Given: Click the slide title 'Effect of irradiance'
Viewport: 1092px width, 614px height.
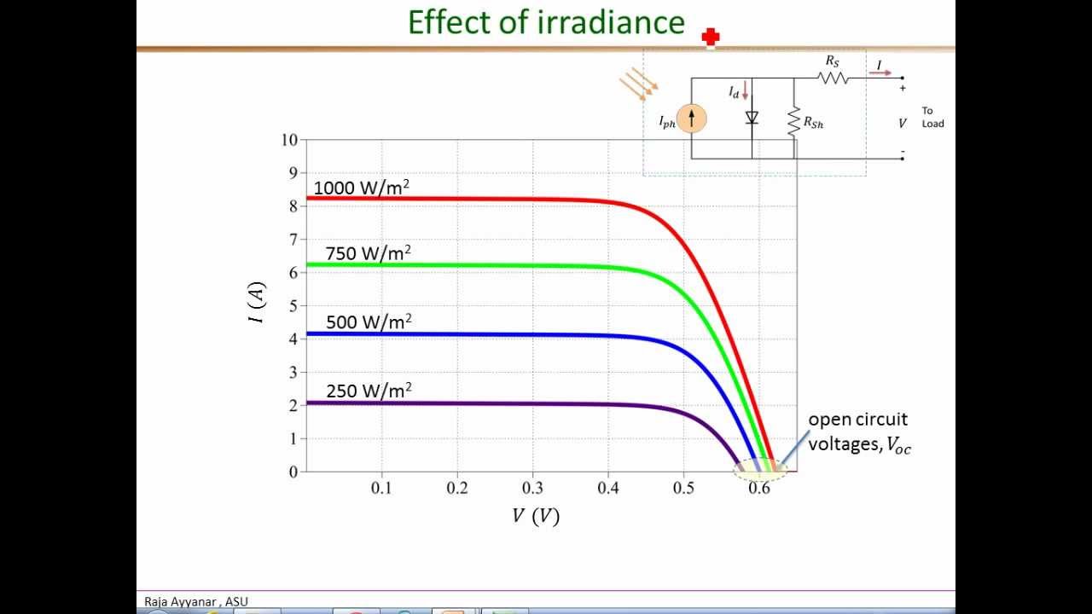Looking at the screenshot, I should click(546, 23).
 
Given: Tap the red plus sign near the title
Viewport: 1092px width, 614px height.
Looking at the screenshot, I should click(710, 37).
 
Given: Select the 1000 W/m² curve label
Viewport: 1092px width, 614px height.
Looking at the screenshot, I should click(362, 188).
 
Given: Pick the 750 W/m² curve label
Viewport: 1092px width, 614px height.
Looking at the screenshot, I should click(368, 253).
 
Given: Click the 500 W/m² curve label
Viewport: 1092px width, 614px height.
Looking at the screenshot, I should click(369, 322).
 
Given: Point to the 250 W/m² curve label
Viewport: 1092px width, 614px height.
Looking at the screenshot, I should click(369, 391).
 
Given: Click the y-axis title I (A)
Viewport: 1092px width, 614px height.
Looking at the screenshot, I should click(257, 303).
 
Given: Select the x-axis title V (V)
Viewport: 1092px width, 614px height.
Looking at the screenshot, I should click(536, 516).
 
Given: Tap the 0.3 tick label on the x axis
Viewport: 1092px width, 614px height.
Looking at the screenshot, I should click(532, 488).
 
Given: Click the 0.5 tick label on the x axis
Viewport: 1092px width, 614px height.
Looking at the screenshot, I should click(682, 488).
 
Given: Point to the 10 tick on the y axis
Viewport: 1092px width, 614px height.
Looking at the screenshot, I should click(289, 140).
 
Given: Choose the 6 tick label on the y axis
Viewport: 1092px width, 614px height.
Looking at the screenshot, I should click(293, 273).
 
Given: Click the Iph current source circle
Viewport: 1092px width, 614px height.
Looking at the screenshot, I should click(691, 119).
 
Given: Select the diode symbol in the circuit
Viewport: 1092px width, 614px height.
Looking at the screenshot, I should click(752, 118).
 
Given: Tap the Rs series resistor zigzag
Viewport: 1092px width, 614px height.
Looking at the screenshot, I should click(832, 78).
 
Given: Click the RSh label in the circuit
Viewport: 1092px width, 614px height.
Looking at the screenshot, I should click(813, 124).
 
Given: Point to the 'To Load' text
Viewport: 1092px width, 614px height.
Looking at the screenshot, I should click(932, 117).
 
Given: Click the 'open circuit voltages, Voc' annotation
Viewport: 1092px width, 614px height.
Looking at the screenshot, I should click(858, 432).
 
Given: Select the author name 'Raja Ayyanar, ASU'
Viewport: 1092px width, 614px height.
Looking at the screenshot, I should click(196, 601).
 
